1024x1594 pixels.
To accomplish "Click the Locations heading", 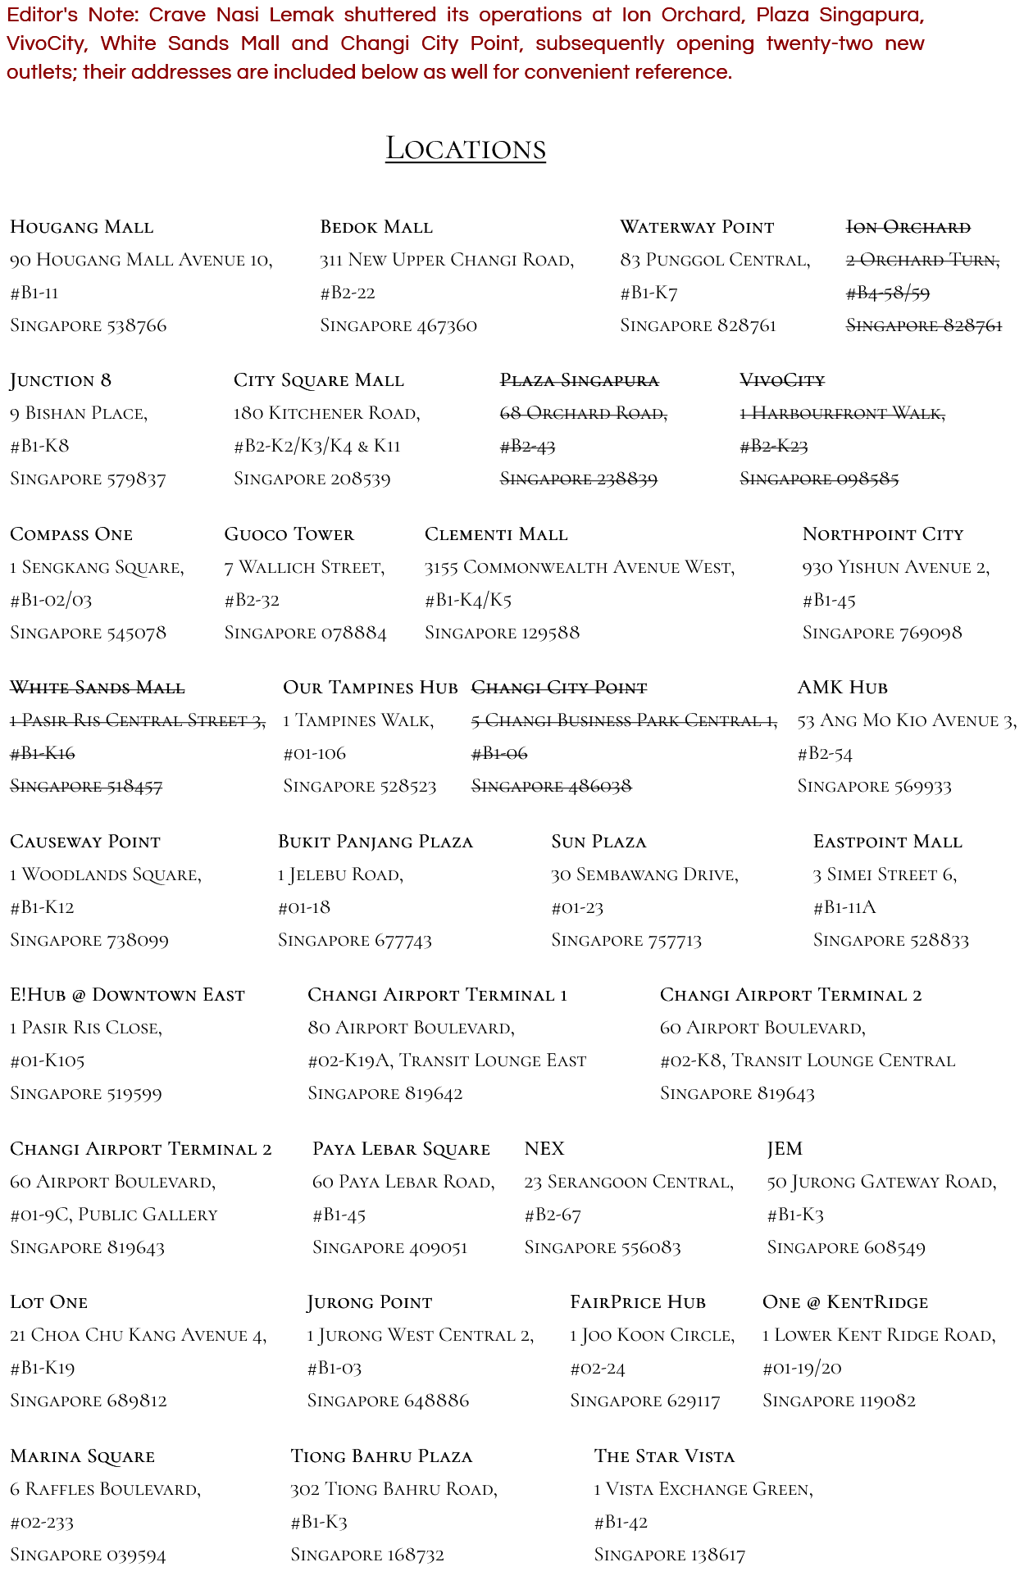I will (465, 149).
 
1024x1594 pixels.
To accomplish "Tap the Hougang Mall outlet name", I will (81, 227).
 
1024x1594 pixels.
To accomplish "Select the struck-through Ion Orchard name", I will (908, 227).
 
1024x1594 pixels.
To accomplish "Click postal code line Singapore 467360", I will (398, 325).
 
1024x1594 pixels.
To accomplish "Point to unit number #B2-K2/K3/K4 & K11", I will (316, 446).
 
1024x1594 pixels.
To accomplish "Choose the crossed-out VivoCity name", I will (781, 380).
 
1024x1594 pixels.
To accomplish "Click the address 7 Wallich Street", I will (304, 567).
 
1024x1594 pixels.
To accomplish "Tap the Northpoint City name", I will (882, 534).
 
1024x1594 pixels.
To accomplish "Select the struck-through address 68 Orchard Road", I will (583, 413).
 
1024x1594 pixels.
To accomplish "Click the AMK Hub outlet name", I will (842, 688).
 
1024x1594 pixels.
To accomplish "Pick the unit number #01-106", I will (314, 753).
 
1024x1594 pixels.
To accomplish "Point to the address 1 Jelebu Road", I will (340, 874).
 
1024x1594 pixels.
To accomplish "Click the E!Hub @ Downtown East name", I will (127, 995).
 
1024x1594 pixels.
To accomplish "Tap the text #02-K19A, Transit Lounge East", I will (447, 1060).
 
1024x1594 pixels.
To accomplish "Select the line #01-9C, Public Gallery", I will (113, 1215).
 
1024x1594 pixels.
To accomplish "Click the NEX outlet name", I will (544, 1149).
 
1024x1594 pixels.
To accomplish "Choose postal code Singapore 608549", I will (845, 1247).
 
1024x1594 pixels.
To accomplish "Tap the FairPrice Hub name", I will (637, 1302).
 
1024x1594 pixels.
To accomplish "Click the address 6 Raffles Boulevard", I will (105, 1489).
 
